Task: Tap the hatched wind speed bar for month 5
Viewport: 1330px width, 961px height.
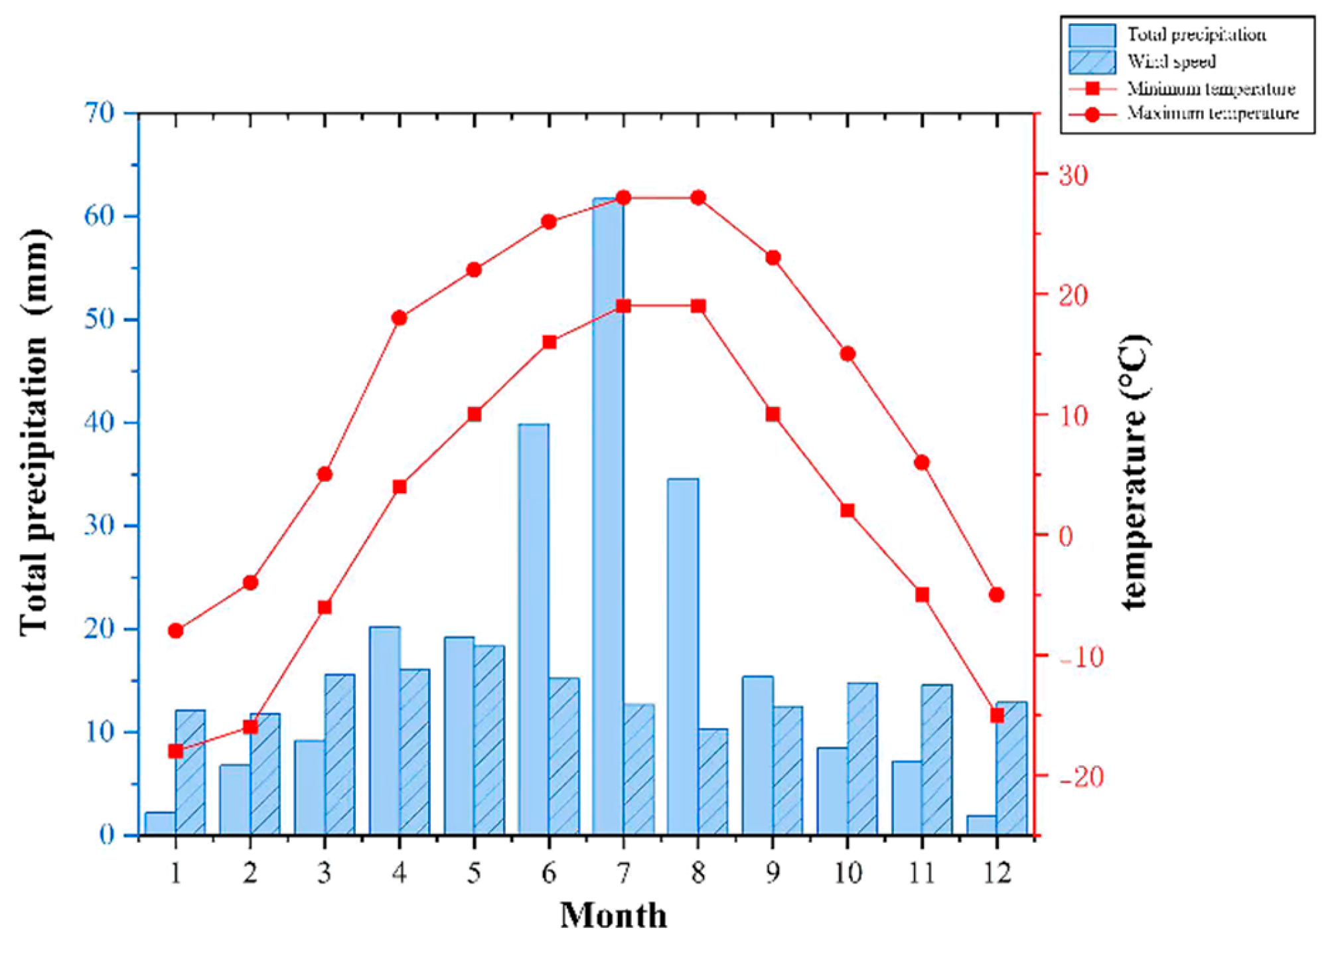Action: tap(489, 740)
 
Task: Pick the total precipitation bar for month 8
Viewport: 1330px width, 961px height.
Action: tap(683, 656)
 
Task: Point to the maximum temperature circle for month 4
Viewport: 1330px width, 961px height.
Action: tap(400, 318)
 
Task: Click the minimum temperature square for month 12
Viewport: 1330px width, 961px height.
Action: tap(997, 715)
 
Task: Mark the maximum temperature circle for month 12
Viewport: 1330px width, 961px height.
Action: tap(997, 595)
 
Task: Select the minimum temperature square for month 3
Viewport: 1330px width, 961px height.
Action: tap(325, 607)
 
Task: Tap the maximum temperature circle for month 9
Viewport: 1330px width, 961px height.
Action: tap(773, 258)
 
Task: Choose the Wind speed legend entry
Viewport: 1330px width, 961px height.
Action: tap(1171, 62)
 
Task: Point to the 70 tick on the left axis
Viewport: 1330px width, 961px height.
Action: tap(100, 113)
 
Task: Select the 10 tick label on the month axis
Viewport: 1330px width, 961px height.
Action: tap(847, 873)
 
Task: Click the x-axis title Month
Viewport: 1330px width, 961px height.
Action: tap(613, 916)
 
